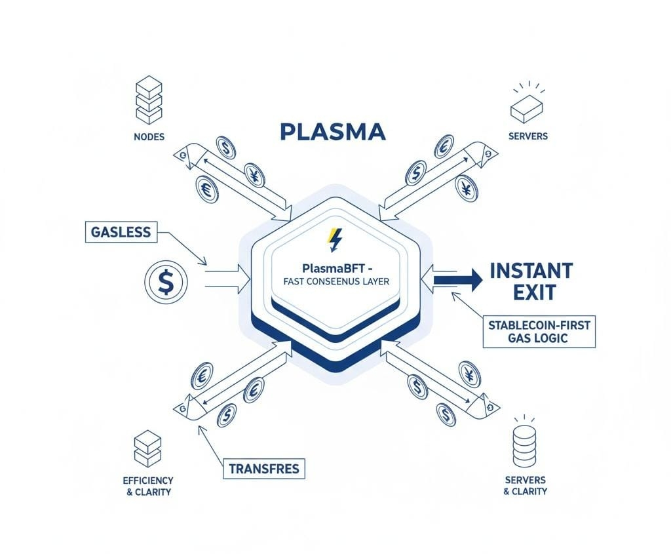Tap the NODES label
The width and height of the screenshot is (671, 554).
pyautogui.click(x=148, y=136)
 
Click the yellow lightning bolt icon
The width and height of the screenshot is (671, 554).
pyautogui.click(x=335, y=240)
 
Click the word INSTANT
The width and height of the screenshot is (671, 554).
pyautogui.click(x=531, y=269)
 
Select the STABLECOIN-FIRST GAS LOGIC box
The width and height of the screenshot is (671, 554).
pyautogui.click(x=539, y=331)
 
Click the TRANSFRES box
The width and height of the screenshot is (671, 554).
pyautogui.click(x=264, y=469)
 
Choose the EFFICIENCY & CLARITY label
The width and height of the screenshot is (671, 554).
pyautogui.click(x=148, y=485)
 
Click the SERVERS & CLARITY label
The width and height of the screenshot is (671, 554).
pyautogui.click(x=525, y=485)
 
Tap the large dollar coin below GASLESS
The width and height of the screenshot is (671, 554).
pyautogui.click(x=165, y=282)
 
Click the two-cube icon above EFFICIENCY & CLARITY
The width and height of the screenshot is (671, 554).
pyautogui.click(x=147, y=449)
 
